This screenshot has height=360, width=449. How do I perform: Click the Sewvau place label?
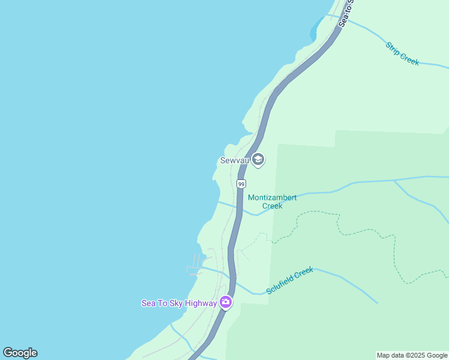tap(234, 161)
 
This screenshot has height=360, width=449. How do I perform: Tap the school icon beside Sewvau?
tap(258, 160)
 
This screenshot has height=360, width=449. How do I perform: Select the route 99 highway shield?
tap(241, 184)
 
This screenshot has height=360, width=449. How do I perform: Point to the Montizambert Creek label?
tap(273, 202)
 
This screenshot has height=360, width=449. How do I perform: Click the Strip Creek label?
tap(402, 53)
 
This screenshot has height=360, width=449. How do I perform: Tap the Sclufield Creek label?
tap(290, 280)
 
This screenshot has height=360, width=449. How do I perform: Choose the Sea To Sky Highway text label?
tap(179, 303)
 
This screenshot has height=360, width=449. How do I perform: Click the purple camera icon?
tap(226, 302)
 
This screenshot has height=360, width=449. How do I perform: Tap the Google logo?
tap(20, 353)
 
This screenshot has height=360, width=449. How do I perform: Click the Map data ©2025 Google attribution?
tap(412, 355)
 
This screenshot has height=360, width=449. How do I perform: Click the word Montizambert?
tap(273, 197)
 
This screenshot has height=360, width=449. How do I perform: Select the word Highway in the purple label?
tap(200, 303)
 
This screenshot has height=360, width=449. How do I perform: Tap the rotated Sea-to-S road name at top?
tap(346, 12)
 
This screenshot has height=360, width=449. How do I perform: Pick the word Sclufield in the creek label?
tap(282, 283)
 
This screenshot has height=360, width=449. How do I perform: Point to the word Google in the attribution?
tap(436, 355)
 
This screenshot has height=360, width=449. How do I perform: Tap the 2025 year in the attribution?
tap(417, 355)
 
